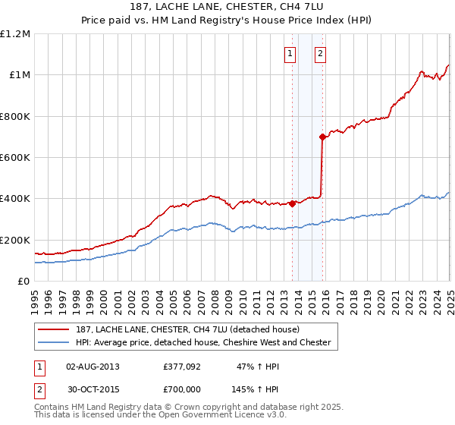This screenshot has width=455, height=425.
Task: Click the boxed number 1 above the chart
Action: coord(290,53)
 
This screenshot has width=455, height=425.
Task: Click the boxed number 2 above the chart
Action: coord(321,53)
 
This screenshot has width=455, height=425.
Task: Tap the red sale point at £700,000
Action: coord(323,137)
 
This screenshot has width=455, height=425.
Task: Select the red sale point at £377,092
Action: coord(292,203)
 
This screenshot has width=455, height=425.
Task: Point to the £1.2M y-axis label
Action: coord(15,34)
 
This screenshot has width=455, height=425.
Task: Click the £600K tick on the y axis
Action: coord(15,158)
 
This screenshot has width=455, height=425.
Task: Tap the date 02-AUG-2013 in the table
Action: coord(93,367)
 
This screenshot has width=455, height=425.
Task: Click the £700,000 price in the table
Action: coord(182,388)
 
